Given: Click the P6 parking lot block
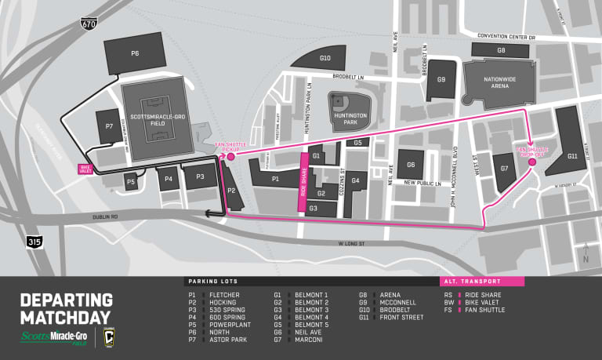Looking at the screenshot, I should (134, 53).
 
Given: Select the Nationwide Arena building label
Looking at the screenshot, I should (499, 79).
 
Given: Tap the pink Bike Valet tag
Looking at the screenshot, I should (85, 169).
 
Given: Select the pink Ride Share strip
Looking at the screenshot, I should (303, 183).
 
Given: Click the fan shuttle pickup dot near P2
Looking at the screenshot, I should (230, 157).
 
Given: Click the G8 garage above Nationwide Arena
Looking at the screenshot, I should (501, 49).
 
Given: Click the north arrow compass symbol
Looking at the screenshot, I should (586, 252).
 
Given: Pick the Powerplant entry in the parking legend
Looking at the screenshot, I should (228, 324).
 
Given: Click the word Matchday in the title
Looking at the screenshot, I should (66, 317).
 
